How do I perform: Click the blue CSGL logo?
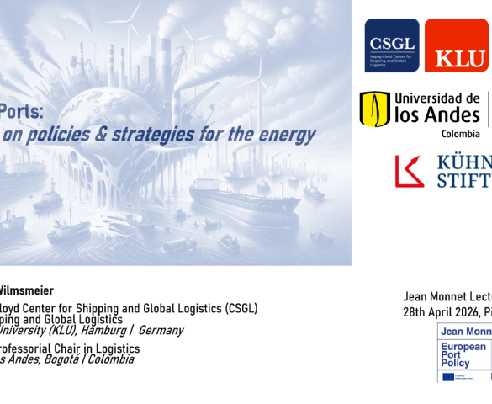coord(391,45)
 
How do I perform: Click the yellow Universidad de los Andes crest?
coord(374,109)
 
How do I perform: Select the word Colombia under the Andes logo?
coord(460,133)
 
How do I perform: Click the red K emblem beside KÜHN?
coord(410,171)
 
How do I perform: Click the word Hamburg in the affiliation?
coord(98,330)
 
